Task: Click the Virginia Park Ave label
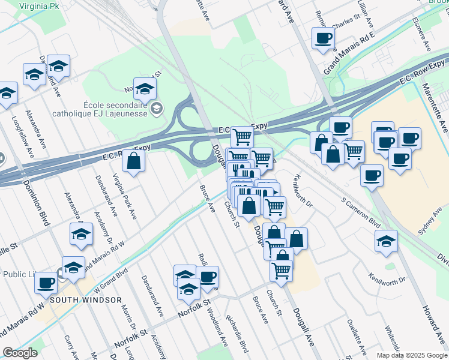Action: (x=125, y=196)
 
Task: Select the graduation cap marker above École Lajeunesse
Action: (x=145, y=89)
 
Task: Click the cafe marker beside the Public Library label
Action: (x=46, y=282)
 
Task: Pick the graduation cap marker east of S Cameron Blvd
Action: (x=385, y=241)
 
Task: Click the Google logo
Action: (x=20, y=353)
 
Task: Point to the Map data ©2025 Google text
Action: (x=411, y=355)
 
